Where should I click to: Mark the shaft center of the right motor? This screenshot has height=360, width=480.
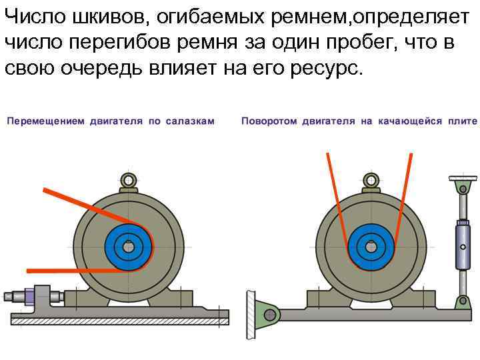tap(371, 247)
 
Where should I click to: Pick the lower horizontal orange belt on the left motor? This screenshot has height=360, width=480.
tap(73, 270)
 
